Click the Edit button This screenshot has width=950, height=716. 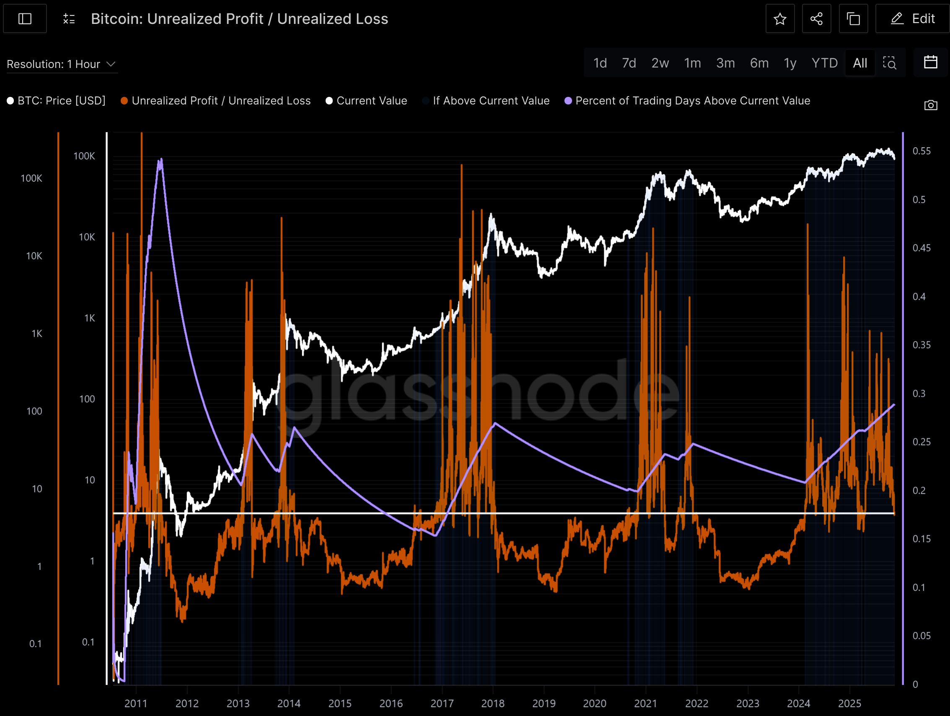(x=912, y=19)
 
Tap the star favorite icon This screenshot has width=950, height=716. (x=780, y=19)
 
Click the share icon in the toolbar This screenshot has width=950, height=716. (x=816, y=19)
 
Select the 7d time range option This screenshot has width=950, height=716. (x=629, y=63)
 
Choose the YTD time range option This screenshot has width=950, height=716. (x=824, y=63)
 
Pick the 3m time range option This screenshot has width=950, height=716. (x=725, y=63)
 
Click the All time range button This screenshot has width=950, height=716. (x=860, y=63)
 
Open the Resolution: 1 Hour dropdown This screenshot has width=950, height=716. (x=62, y=64)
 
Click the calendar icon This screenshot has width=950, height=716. (x=930, y=62)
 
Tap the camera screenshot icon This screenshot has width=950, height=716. (x=930, y=105)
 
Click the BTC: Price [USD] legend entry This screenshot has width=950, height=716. (x=56, y=101)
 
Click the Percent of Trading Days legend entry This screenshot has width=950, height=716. (x=687, y=101)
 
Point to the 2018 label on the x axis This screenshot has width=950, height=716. (x=493, y=703)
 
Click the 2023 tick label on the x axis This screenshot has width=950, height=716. (x=748, y=703)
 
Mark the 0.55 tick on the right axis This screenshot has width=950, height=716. (x=922, y=151)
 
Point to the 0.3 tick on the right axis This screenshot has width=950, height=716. (x=919, y=394)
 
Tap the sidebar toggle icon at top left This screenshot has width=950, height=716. (x=25, y=19)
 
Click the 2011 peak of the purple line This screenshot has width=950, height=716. (x=160, y=160)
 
